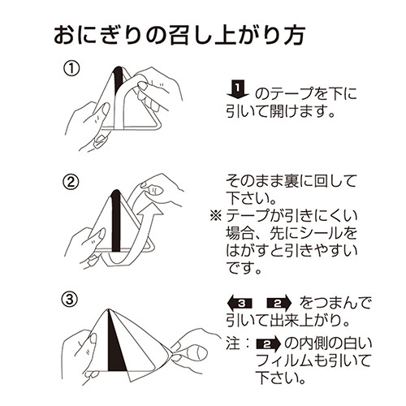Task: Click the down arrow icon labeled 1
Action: (x=238, y=89)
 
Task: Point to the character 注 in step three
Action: (x=231, y=343)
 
